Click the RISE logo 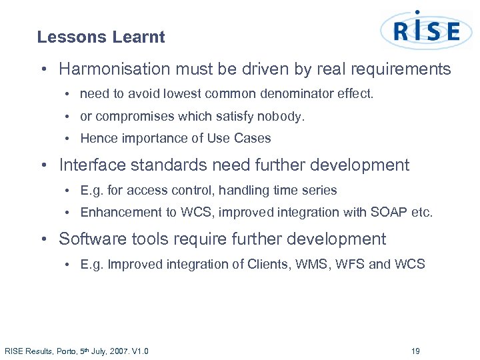click(x=426, y=31)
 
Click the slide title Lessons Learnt click(x=101, y=37)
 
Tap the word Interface click(x=91, y=165)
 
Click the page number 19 click(x=415, y=351)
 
